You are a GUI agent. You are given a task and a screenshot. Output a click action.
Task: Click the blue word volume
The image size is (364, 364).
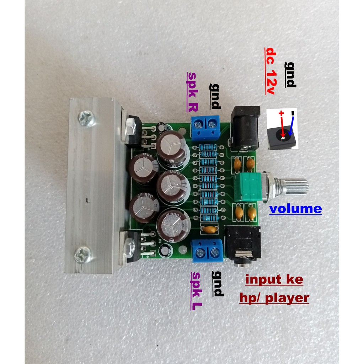click(295, 209)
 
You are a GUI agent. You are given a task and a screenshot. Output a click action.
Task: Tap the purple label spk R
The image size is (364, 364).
click(193, 92)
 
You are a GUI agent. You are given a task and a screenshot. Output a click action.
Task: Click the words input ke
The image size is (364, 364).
click(274, 280)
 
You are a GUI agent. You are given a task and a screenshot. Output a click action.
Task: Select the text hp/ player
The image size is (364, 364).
click(274, 298)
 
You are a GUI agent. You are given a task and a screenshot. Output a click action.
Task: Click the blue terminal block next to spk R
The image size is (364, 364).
click(205, 127)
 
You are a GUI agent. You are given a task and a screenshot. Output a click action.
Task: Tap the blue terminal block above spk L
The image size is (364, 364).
click(208, 250)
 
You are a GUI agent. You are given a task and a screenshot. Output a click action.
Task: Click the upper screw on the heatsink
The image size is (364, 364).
click(86, 118)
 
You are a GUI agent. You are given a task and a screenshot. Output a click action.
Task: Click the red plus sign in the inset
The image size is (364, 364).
click(281, 114)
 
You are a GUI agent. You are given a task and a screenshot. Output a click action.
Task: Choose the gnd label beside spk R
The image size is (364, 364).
click(215, 96)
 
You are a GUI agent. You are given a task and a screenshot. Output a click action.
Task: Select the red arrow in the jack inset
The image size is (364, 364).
click(282, 127)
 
